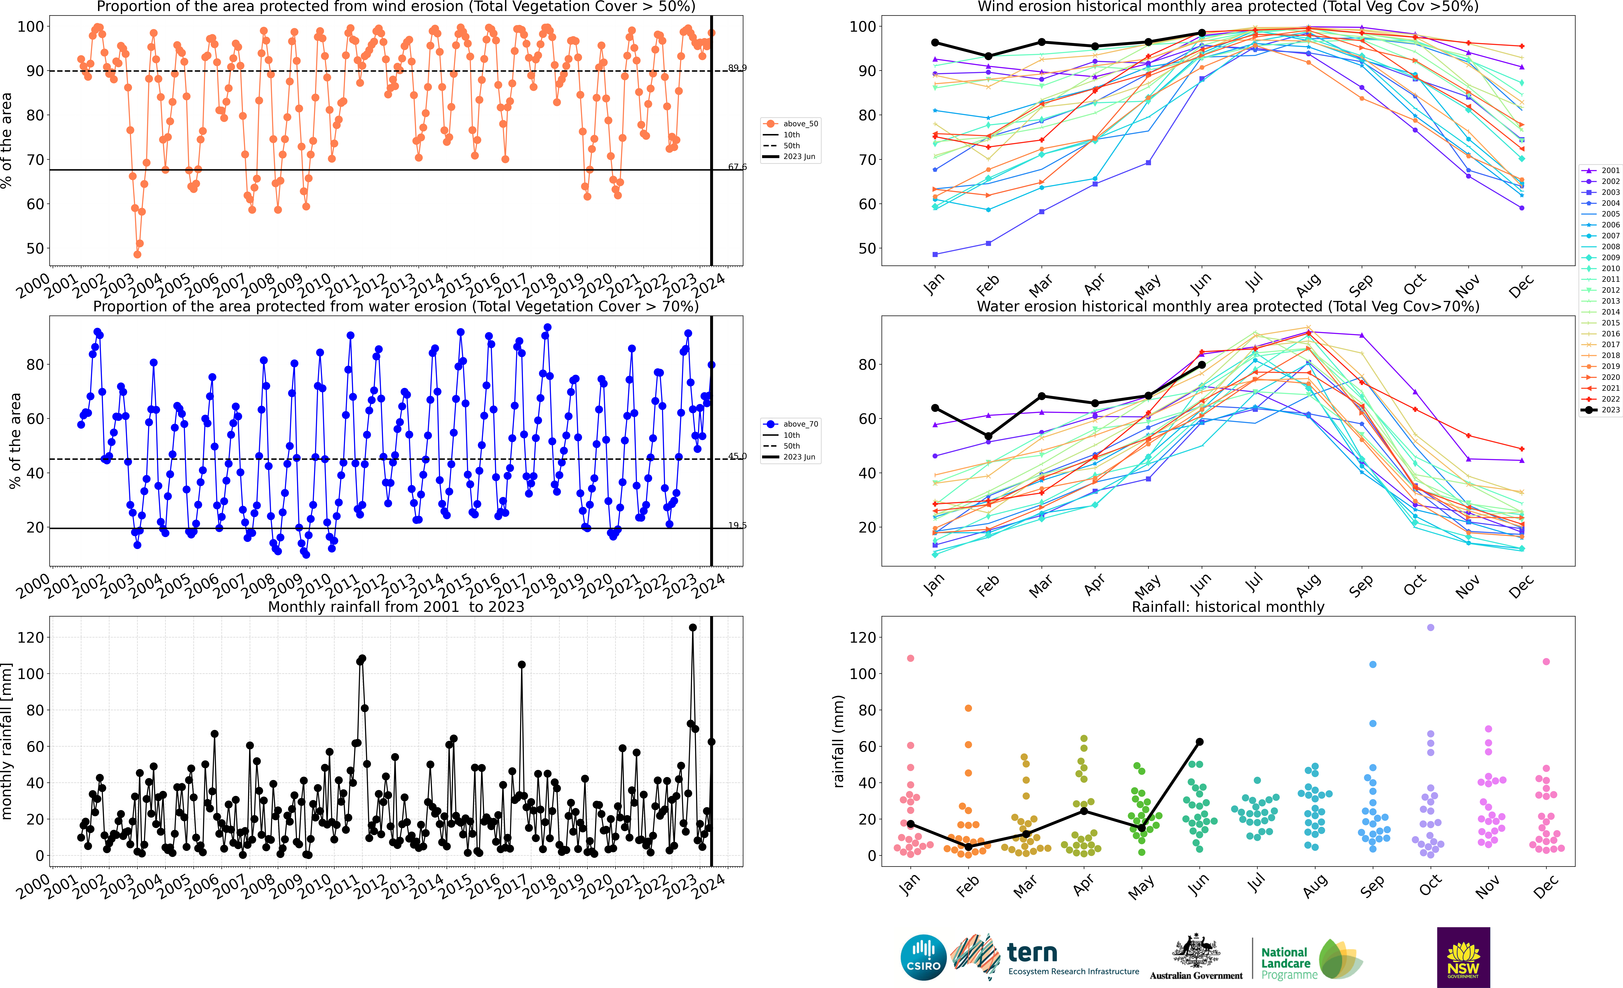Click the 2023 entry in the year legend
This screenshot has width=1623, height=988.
click(1601, 410)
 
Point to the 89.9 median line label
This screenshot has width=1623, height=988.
click(737, 68)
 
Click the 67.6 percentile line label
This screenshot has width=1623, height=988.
click(737, 167)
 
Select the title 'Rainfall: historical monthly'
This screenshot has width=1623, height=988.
click(1228, 607)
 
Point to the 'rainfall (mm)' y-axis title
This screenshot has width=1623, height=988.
click(838, 741)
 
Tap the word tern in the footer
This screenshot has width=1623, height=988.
click(1032, 952)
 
